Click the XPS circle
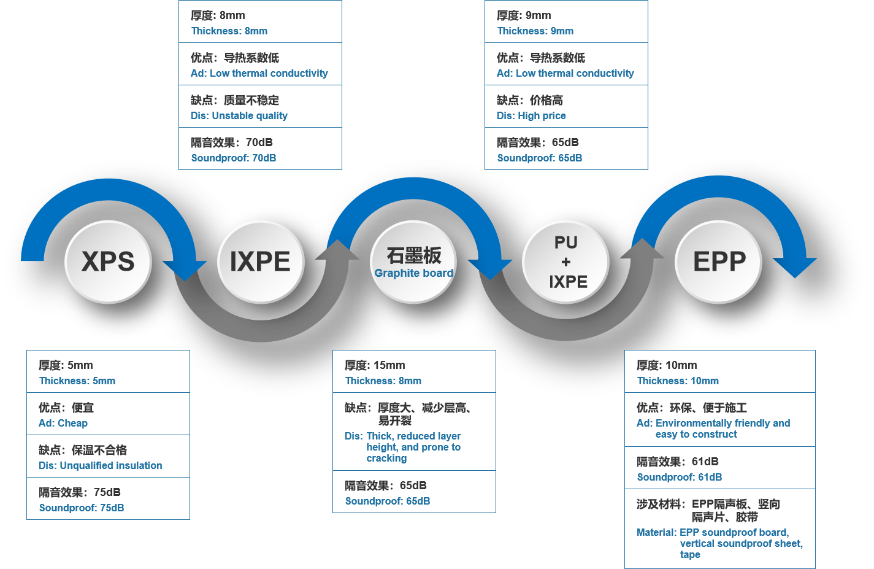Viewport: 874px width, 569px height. [108, 262]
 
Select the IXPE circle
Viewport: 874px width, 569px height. [260, 262]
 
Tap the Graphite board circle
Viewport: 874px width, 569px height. [414, 262]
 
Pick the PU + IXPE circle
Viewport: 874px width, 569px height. [565, 262]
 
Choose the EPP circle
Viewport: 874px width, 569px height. [719, 262]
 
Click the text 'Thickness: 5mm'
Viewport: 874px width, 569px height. [77, 381]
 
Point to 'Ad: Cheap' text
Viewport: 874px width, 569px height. [63, 424]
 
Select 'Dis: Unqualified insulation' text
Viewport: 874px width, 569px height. [101, 466]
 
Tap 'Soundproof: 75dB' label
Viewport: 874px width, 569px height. [82, 508]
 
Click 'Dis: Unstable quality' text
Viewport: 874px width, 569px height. [239, 116]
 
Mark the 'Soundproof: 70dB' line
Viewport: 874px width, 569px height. [234, 158]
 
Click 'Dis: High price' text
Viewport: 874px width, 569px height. [531, 116]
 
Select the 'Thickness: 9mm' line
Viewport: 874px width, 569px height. [535, 31]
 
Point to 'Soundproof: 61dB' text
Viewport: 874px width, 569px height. [680, 478]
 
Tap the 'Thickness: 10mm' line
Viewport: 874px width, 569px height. [678, 381]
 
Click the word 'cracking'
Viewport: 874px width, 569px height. [386, 459]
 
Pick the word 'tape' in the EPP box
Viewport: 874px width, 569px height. [690, 555]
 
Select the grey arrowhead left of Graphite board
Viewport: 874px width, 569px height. [337, 251]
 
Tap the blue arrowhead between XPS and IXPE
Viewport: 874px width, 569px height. [185, 269]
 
